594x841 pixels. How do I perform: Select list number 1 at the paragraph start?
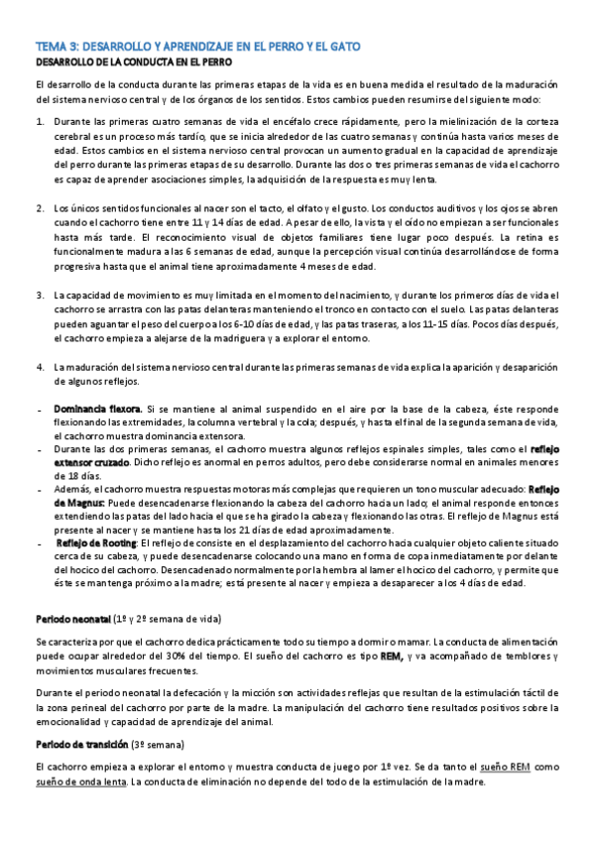40,122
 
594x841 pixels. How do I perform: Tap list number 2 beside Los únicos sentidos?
40,208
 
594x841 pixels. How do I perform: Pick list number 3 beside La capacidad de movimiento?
40,296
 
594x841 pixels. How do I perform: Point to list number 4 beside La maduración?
40,367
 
